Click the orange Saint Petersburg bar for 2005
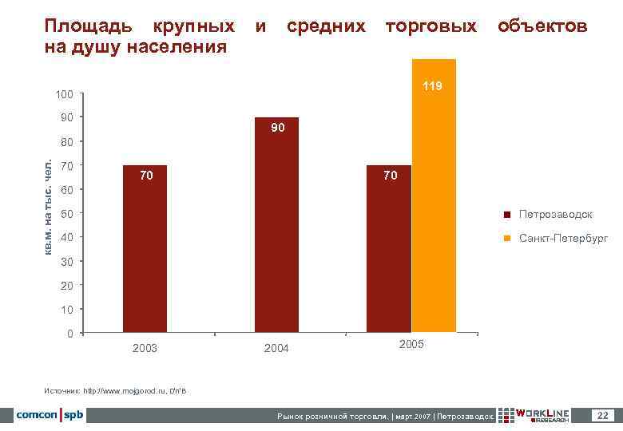click(x=434, y=200)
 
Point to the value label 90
click(x=276, y=128)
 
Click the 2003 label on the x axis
click(x=145, y=348)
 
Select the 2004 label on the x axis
click(x=276, y=348)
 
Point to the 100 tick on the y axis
click(x=65, y=95)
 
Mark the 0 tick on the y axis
click(x=71, y=333)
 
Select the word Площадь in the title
click(x=85, y=26)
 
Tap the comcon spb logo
click(x=49, y=415)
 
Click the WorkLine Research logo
click(x=536, y=415)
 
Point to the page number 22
click(x=603, y=415)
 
